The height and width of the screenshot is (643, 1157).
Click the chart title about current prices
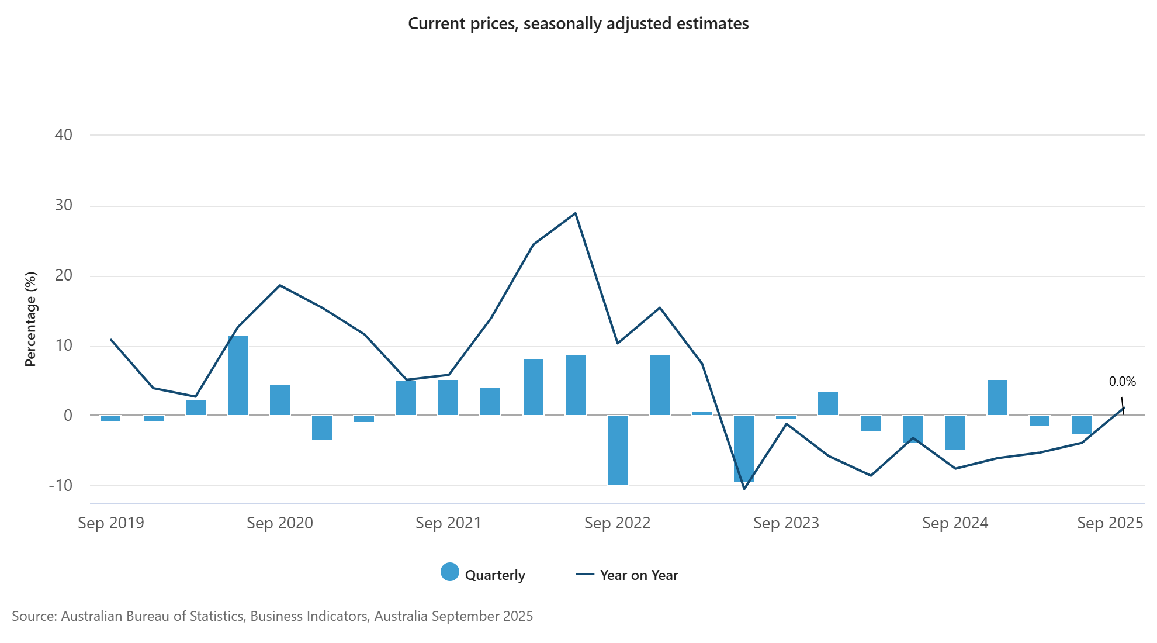(x=578, y=24)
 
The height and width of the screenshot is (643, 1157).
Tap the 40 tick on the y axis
(x=63, y=135)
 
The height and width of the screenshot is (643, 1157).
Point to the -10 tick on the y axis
(x=60, y=486)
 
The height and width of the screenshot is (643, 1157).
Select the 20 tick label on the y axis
(x=63, y=276)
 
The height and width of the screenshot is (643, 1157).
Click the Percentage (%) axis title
(x=30, y=319)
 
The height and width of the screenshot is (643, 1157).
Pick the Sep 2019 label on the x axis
(x=111, y=523)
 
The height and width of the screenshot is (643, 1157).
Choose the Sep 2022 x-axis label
(x=617, y=523)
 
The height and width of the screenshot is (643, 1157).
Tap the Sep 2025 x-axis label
(x=1110, y=523)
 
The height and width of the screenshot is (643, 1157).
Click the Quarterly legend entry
(x=483, y=575)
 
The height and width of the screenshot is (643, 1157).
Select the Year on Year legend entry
(x=627, y=575)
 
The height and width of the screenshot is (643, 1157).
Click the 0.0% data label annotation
(x=1122, y=382)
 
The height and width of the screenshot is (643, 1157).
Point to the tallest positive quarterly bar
(x=238, y=375)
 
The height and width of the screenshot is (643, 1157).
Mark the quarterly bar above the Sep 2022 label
(x=618, y=450)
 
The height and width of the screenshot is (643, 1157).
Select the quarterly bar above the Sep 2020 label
(x=280, y=400)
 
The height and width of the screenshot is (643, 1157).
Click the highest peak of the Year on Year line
(x=576, y=213)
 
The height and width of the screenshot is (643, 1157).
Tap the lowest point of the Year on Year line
(x=744, y=489)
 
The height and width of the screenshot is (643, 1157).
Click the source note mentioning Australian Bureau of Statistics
(x=272, y=616)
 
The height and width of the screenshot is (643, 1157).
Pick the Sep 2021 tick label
(x=448, y=523)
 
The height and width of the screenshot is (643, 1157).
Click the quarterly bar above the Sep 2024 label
(x=955, y=433)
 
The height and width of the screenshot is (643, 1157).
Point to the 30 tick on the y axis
(x=63, y=206)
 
